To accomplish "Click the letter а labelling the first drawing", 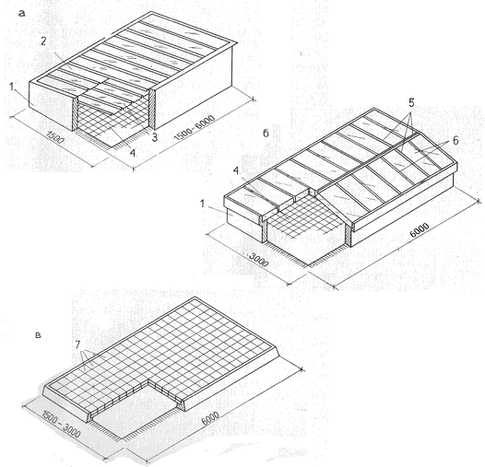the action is coord(21,13).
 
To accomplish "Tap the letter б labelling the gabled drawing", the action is coord(266,133).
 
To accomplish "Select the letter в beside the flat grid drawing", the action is coord(38,335).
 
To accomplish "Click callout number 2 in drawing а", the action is coord(43,41).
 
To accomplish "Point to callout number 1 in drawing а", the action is coord(12,88).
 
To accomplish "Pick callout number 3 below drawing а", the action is coord(154,137).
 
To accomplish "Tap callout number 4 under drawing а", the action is coord(133,152).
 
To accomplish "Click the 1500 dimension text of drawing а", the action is coord(55,137).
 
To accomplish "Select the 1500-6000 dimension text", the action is coord(195,128).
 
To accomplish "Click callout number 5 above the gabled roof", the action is coord(411,103).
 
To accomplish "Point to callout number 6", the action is coord(455,141).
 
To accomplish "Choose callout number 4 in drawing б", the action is coord(236,171).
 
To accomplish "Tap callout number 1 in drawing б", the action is coord(202,204).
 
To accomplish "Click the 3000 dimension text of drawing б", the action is coord(257,261).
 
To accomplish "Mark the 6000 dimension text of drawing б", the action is coord(420,230).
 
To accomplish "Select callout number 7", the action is coord(77,344).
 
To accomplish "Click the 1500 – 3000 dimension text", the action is coord(61,424).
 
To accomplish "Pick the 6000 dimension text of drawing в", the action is coord(210,418).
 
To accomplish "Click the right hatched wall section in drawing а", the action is coord(152,109).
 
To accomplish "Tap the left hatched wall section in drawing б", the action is coord(264,228).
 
